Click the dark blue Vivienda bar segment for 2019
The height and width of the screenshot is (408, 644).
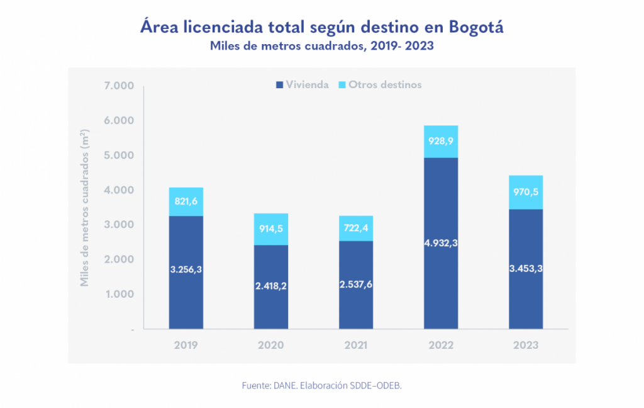point(186,296)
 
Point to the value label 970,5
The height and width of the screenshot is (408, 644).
point(526,192)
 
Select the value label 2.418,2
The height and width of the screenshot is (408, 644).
point(270,286)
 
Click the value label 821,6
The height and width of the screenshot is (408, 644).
point(186,201)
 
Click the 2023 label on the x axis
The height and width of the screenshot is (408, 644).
point(526,346)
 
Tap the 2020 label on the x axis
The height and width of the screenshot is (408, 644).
point(270,346)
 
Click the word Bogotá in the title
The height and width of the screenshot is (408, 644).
point(476,27)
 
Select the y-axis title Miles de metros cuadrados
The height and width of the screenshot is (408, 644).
point(84,208)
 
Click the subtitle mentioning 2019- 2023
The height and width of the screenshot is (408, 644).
point(322,46)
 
